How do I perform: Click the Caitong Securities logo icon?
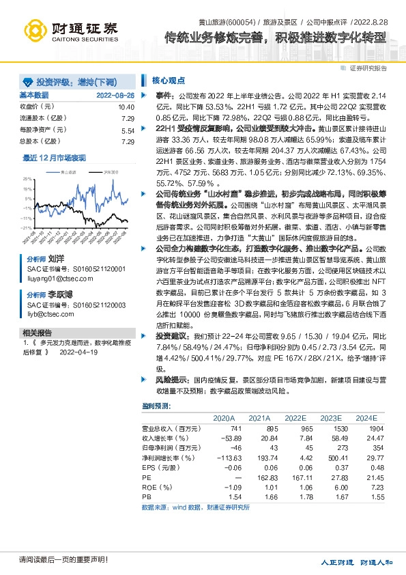click(35, 30)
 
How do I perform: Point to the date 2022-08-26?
click(115, 95)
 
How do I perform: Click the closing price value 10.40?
click(126, 107)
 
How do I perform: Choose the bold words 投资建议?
click(169, 337)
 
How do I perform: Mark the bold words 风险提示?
click(169, 377)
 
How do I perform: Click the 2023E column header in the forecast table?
click(330, 417)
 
